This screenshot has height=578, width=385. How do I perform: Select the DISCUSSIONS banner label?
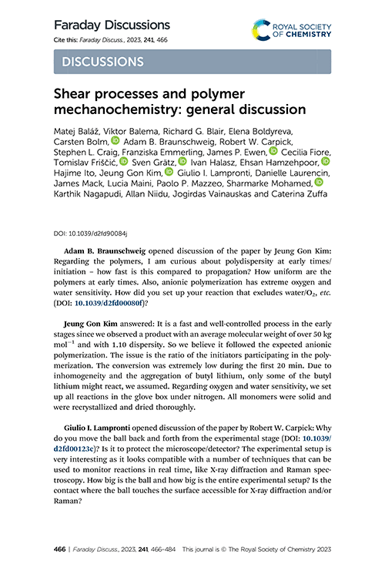pos(98,61)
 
